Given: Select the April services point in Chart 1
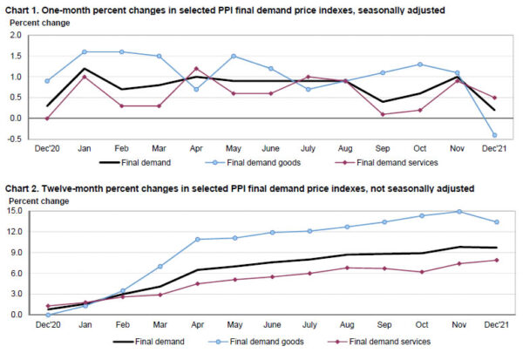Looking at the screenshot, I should (x=196, y=68).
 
